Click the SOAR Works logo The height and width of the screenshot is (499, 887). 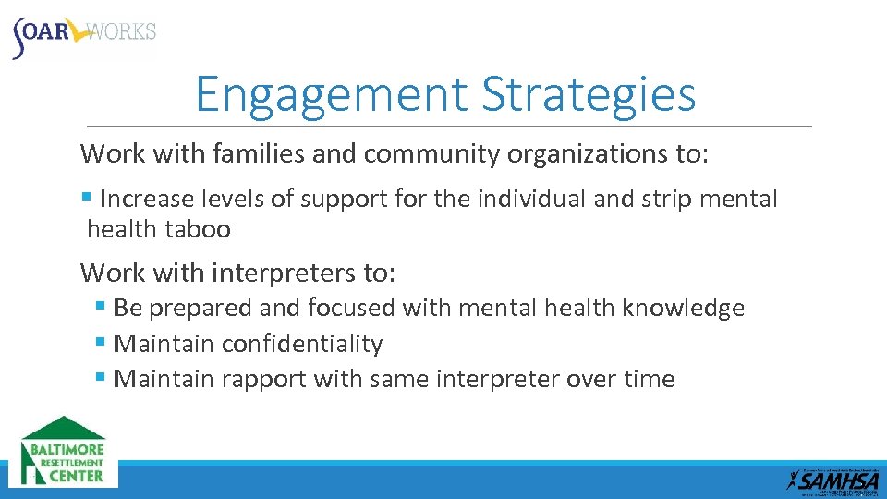coord(84,34)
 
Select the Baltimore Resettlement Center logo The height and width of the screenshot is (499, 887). coord(64,452)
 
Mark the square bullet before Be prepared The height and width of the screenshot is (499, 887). coord(101,307)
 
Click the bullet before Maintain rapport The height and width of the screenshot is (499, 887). coord(101,378)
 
